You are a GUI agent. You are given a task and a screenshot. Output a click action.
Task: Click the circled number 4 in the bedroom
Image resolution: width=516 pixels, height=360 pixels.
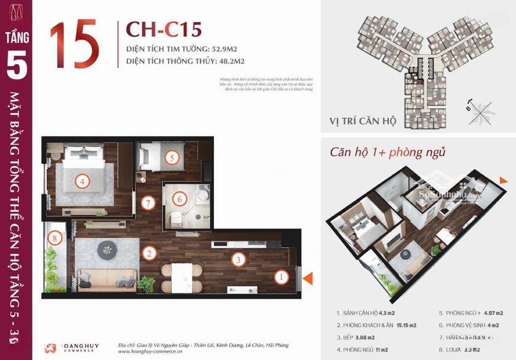pos(83,181)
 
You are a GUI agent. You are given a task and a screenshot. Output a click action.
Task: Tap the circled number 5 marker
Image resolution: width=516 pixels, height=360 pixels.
pos(172,157)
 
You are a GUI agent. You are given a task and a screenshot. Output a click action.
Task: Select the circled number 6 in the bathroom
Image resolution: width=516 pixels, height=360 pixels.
pos(180,199)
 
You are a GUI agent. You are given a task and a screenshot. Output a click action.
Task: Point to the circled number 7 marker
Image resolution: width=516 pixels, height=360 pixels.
pos(149,203)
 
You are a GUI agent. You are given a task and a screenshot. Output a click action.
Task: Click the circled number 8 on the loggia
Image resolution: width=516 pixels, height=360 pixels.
pos(55,237)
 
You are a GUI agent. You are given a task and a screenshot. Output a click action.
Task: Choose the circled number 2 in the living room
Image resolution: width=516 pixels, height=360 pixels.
pos(150,254)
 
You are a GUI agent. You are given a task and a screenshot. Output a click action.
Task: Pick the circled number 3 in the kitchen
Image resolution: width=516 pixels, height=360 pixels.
pos(238,260)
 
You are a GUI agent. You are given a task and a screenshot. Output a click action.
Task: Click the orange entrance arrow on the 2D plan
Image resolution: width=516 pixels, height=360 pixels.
pos(308,278)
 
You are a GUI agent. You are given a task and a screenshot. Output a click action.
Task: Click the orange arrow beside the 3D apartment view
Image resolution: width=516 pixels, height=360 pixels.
pos(503,180)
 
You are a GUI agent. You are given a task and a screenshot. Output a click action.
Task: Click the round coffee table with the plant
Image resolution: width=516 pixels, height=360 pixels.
pos(106,249)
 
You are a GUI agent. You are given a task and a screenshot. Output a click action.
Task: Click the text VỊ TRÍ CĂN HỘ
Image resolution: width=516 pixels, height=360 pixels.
pos(363,121)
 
